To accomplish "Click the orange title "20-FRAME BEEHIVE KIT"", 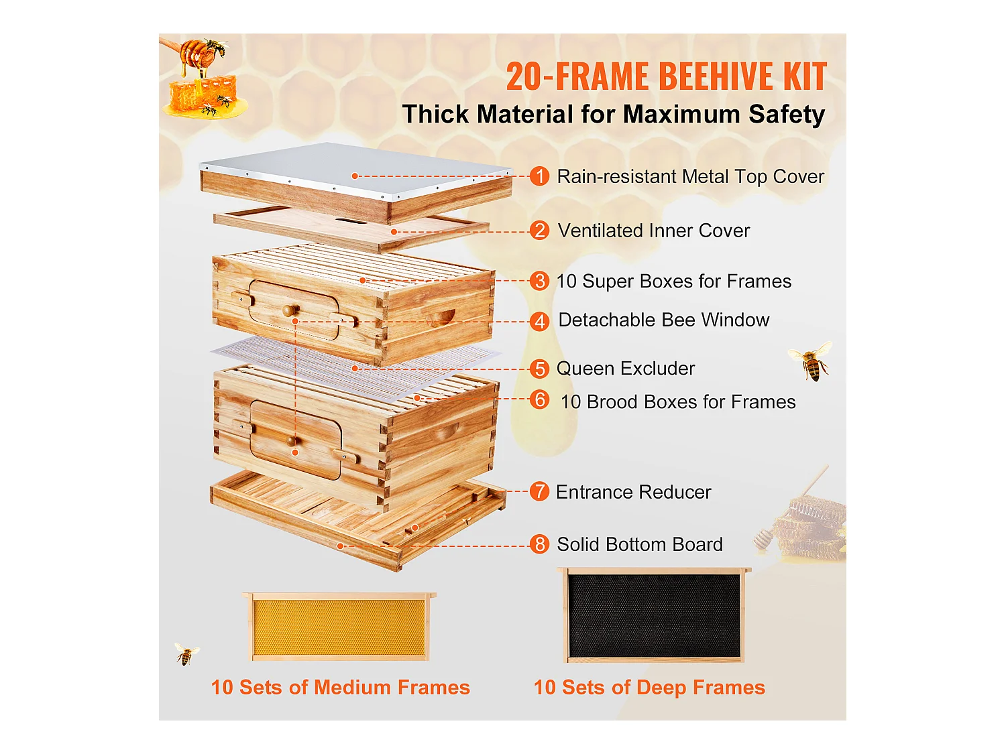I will point(666,76).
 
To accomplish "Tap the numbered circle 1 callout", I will point(539,176).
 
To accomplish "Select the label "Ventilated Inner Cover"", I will point(653,231).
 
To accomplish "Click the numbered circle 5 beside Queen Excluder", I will point(539,369).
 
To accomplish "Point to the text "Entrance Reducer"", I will point(633,492).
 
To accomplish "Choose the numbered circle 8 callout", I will point(539,544).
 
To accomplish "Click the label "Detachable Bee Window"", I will point(663,320).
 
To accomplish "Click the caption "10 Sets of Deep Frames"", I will point(649,688).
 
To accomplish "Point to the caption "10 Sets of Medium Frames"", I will point(340,688).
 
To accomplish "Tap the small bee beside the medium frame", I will point(186,653).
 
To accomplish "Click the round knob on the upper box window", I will point(290,310).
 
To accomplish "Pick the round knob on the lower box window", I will point(291,440).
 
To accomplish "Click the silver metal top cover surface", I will point(355,168).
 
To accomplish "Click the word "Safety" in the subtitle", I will point(786,115).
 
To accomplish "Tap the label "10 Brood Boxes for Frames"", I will point(677,402).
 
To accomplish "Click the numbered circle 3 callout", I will point(539,281).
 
